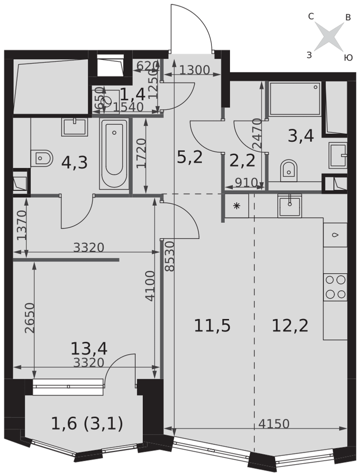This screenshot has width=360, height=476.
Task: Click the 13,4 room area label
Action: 89,348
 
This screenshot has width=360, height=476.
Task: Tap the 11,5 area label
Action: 212,326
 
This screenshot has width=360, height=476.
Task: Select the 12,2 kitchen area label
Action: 290,326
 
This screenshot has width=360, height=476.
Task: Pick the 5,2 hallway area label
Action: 190,156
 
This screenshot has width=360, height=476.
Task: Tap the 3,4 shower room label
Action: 301,136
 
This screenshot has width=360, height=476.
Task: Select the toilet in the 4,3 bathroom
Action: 42,158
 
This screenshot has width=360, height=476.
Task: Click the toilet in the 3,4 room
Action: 288,169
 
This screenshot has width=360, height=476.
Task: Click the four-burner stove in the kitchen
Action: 335,287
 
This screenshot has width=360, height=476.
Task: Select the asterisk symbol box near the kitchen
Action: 236,207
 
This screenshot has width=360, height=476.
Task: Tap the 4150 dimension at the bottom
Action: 275,423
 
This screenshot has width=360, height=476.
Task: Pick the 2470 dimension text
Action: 258,134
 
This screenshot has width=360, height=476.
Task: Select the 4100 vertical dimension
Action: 150,286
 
